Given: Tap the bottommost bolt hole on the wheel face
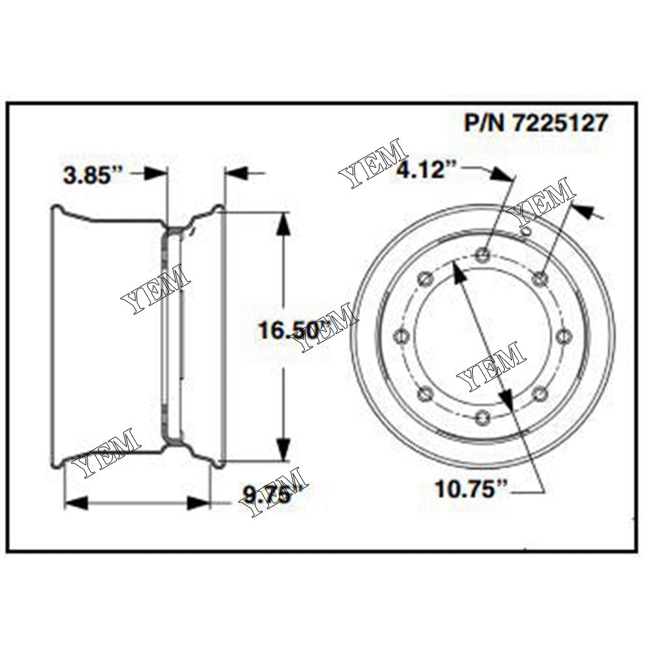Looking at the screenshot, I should (481, 416).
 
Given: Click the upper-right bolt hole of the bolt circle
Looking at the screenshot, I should (538, 279).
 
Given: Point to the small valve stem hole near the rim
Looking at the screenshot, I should (524, 230).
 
